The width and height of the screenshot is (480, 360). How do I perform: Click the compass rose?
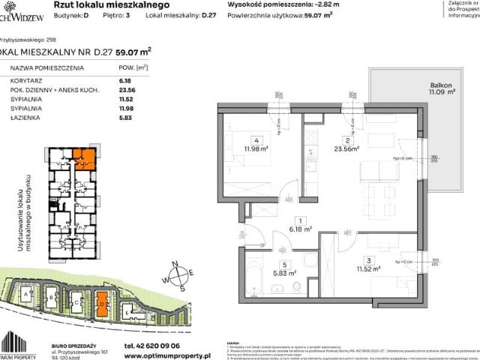pyautogui.click(x=179, y=274)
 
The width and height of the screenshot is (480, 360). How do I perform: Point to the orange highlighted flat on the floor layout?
pyautogui.click(x=85, y=158)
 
